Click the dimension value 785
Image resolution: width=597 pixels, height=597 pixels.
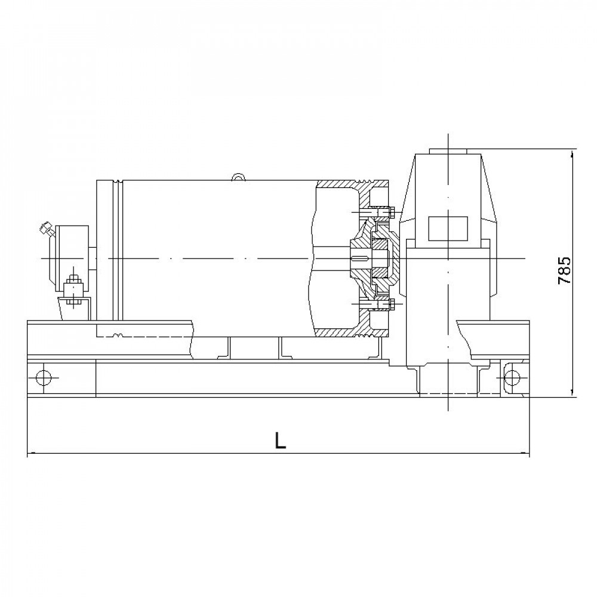(x=564, y=270)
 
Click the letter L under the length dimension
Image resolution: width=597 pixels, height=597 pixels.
(x=280, y=441)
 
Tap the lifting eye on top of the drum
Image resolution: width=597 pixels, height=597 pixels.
(x=238, y=176)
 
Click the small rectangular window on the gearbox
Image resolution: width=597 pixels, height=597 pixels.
(x=448, y=229)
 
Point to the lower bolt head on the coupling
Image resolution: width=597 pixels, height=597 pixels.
(x=392, y=304)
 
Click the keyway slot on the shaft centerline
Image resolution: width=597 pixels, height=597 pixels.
(x=360, y=259)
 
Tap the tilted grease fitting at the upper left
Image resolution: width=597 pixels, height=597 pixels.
(x=45, y=229)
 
